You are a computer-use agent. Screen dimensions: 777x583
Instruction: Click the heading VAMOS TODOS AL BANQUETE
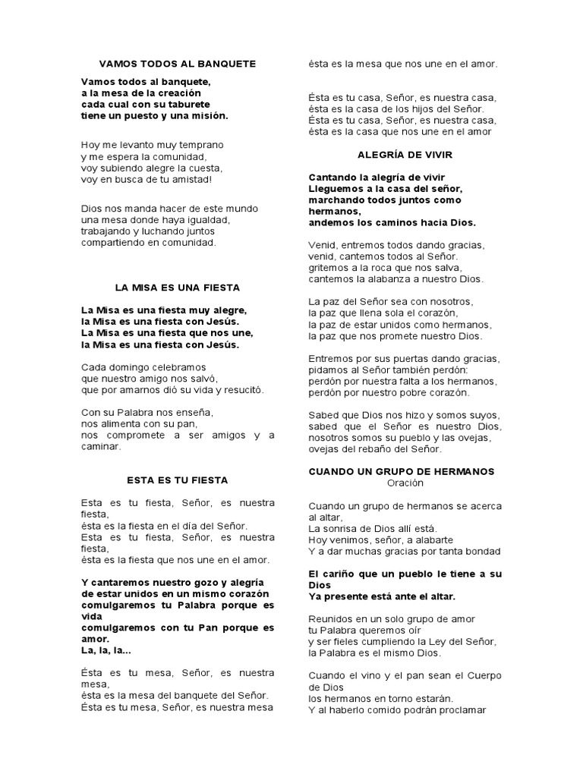178,64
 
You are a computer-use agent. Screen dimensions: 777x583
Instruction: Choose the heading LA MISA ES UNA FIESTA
178,288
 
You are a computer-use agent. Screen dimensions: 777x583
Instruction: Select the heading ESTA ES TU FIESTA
178,480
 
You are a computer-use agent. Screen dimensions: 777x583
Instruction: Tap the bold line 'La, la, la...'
106,650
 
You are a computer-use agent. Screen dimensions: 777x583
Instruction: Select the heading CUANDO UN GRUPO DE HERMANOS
402,471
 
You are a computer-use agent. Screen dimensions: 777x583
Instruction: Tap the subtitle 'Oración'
405,483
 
